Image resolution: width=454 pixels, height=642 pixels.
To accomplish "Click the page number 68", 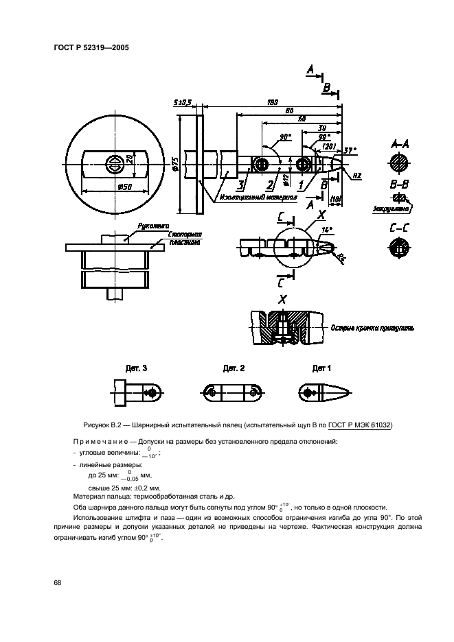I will click(58, 582).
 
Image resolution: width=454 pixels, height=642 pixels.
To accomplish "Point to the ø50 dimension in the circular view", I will click(126, 186).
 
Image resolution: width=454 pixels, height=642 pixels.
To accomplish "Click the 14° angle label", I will click(326, 230).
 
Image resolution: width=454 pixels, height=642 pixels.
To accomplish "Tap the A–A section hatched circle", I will click(400, 165).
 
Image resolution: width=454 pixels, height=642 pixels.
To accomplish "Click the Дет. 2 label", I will click(234, 368).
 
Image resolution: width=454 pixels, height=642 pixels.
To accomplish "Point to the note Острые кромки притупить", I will click(372, 328).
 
